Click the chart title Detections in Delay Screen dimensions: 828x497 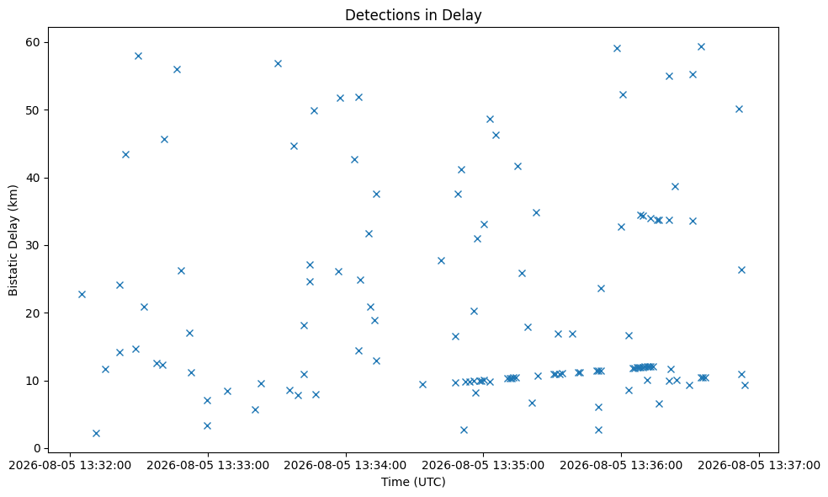pyautogui.click(x=413, y=15)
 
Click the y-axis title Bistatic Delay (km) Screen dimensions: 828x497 pyautogui.click(x=13, y=240)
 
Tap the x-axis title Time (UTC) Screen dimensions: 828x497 pyautogui.click(x=413, y=482)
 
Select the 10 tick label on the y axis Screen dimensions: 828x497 pyautogui.click(x=34, y=381)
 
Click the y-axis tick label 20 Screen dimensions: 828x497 pyautogui.click(x=34, y=313)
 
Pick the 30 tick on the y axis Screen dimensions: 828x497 pyautogui.click(x=34, y=245)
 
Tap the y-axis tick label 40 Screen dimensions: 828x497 pyautogui.click(x=34, y=178)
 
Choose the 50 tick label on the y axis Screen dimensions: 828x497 pyautogui.click(x=34, y=110)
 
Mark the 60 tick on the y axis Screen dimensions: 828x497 pyautogui.click(x=34, y=42)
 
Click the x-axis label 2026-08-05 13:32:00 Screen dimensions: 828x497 pyautogui.click(x=70, y=466)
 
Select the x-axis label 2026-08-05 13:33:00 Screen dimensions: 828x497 pyautogui.click(x=208, y=466)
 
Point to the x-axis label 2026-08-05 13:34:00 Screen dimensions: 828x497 pyautogui.click(x=346, y=466)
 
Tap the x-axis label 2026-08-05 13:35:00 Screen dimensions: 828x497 pyautogui.click(x=483, y=466)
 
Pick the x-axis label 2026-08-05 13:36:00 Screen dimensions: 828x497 pyautogui.click(x=621, y=466)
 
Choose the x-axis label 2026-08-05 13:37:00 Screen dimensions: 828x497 pyautogui.click(x=759, y=466)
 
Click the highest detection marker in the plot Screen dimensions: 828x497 pyautogui.click(x=701, y=46)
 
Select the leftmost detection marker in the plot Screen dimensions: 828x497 pyautogui.click(x=82, y=294)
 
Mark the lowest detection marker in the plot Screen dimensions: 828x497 pyautogui.click(x=96, y=433)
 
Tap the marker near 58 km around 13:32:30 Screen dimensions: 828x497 pyautogui.click(x=138, y=56)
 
